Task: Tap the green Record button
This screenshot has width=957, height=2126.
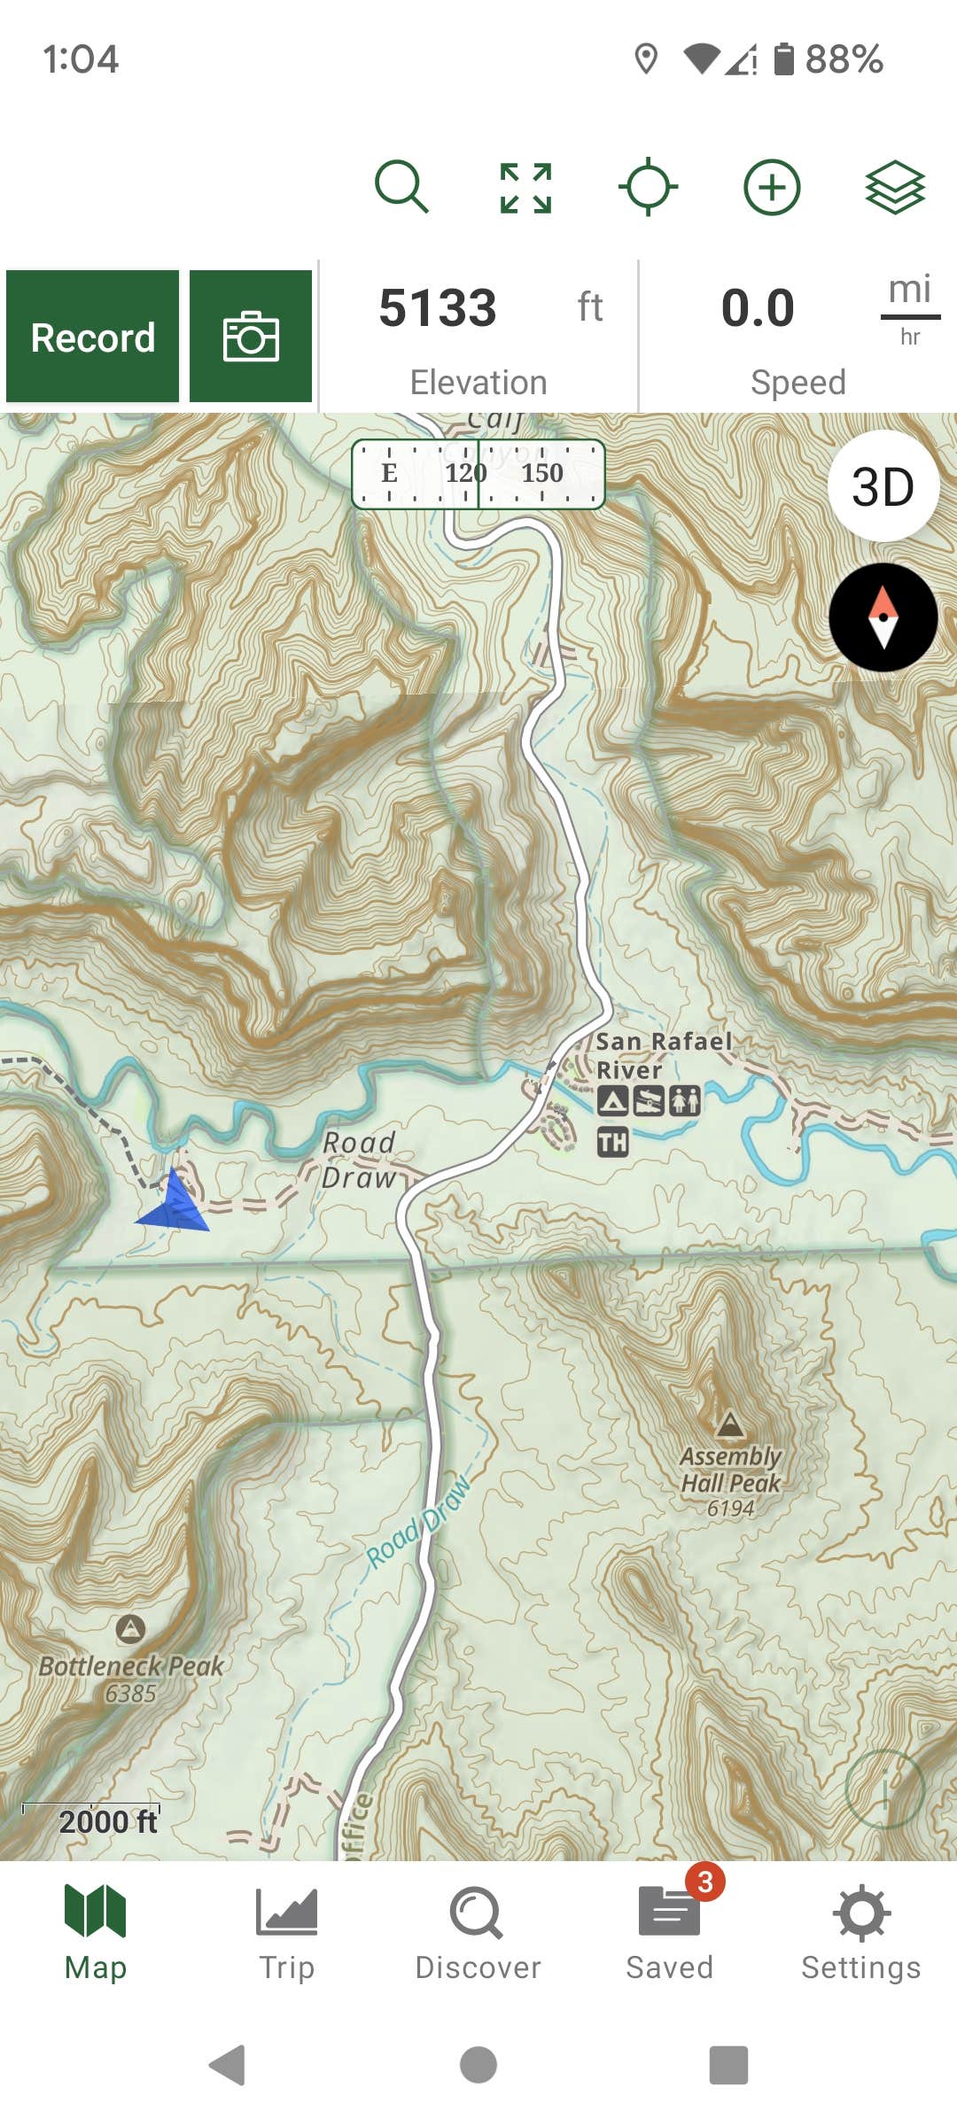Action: pyautogui.click(x=93, y=338)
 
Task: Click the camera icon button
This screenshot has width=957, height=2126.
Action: pyautogui.click(x=251, y=338)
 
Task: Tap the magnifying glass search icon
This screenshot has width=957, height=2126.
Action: pyautogui.click(x=401, y=187)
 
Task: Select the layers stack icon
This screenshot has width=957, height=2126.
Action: pyautogui.click(x=895, y=187)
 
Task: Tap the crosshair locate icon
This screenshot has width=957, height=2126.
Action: pyautogui.click(x=648, y=187)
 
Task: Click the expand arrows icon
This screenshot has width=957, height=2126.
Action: pyautogui.click(x=525, y=188)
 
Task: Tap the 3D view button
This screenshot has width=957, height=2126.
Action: pyautogui.click(x=883, y=486)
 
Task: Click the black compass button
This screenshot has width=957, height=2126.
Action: pyautogui.click(x=883, y=617)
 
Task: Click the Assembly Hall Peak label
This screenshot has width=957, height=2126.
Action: pyautogui.click(x=730, y=1470)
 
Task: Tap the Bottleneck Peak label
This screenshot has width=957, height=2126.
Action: pyautogui.click(x=131, y=1667)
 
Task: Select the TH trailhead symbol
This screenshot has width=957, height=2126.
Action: pyautogui.click(x=612, y=1142)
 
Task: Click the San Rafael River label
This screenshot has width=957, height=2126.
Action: pyautogui.click(x=663, y=1055)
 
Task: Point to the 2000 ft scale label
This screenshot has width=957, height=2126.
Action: pyautogui.click(x=108, y=1821)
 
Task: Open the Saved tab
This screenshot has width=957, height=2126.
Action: pyautogui.click(x=670, y=1931)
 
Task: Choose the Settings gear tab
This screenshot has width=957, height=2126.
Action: pyautogui.click(x=861, y=1931)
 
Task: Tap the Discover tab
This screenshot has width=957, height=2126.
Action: pyautogui.click(x=478, y=1931)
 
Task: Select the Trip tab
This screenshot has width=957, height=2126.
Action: pyautogui.click(x=286, y=1931)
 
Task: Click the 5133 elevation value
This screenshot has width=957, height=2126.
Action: pyautogui.click(x=438, y=308)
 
